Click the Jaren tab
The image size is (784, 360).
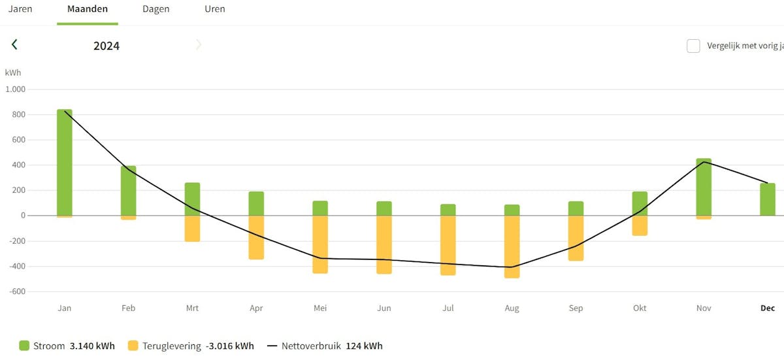(x=20, y=9)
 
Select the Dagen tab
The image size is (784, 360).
(x=156, y=9)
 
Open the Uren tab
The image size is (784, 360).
(x=215, y=9)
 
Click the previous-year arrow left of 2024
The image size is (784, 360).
(x=14, y=44)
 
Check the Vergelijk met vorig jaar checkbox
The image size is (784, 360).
(x=693, y=46)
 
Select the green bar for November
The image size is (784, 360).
(x=704, y=187)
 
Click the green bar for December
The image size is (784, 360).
(x=768, y=199)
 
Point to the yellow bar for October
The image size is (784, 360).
(x=640, y=225)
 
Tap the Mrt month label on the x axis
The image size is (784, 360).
(x=192, y=308)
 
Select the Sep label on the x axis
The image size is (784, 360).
(x=576, y=308)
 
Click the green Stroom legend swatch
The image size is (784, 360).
(x=25, y=346)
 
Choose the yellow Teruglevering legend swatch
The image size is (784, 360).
(x=133, y=346)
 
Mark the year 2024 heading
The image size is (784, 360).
(x=106, y=46)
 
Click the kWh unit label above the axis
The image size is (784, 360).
(x=13, y=73)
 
